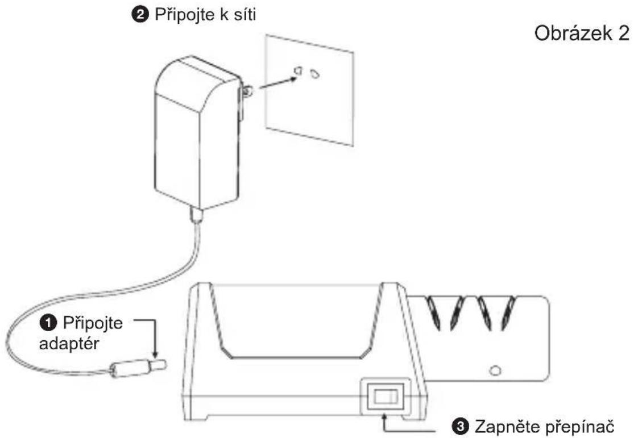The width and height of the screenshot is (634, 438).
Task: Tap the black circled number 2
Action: (140, 15)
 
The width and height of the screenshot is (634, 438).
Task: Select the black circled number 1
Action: (48, 323)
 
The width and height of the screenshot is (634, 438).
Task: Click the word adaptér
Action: (69, 344)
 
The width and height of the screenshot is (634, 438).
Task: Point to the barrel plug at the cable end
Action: (139, 368)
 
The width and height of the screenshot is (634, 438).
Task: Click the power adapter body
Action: (198, 134)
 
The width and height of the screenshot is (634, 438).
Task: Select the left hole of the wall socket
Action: (298, 71)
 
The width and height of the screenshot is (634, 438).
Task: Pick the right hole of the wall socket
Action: (315, 74)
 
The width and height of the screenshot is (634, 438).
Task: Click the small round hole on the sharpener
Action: (495, 370)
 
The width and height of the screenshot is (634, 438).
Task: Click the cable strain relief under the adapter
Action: (197, 215)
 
